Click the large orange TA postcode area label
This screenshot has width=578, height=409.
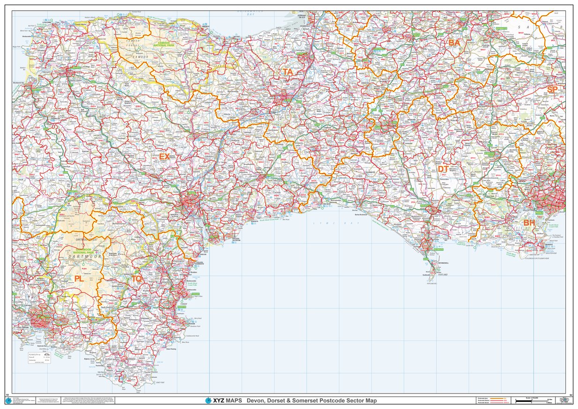(x=288, y=72)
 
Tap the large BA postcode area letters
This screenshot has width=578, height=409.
(x=454, y=43)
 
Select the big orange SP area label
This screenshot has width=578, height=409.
(x=552, y=89)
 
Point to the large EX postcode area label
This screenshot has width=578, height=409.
(x=164, y=156)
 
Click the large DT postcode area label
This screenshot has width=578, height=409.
(x=443, y=169)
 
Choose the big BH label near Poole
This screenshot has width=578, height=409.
(x=529, y=223)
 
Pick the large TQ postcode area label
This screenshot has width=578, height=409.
(x=136, y=279)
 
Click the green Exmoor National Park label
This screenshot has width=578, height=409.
(x=164, y=45)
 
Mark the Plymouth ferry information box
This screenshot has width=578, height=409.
(x=39, y=358)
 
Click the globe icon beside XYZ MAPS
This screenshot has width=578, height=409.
(x=208, y=401)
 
